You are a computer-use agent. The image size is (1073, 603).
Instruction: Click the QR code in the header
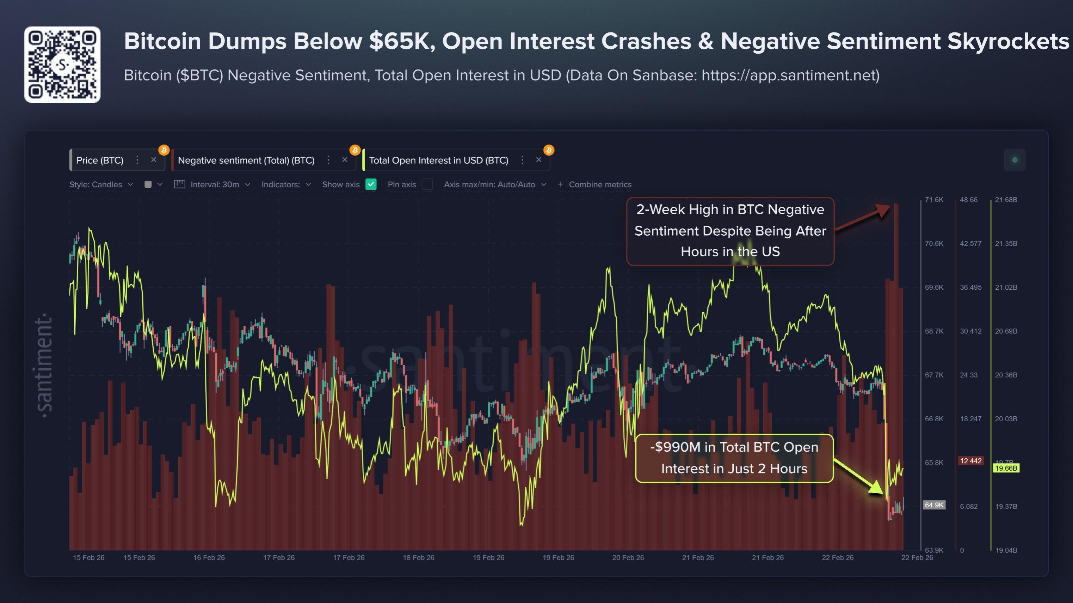62,65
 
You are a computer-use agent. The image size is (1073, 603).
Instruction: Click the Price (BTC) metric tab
100,161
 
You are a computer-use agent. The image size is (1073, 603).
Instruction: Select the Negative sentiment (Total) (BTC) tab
246,161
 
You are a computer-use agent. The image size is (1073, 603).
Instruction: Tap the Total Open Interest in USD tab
438,161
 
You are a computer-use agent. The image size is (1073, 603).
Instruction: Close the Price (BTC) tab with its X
154,160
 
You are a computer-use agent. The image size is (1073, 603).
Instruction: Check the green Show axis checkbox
371,184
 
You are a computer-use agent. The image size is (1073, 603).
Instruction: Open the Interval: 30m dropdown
215,184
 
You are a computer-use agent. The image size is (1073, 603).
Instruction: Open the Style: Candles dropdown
100,184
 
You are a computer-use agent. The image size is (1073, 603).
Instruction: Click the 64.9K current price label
934,505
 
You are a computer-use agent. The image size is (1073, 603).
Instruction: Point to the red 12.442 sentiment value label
970,461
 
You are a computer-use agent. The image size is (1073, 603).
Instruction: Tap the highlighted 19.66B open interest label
1006,468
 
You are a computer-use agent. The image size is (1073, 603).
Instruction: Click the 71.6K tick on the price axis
934,200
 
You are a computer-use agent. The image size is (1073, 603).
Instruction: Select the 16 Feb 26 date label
209,557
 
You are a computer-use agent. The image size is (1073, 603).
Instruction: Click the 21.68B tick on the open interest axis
1006,200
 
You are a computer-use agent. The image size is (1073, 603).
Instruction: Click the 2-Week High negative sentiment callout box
730,231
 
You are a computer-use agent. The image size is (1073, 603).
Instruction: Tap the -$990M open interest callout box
734,458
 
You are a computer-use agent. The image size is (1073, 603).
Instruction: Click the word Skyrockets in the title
1008,41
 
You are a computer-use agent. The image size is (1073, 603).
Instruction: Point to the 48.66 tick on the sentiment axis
968,200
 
